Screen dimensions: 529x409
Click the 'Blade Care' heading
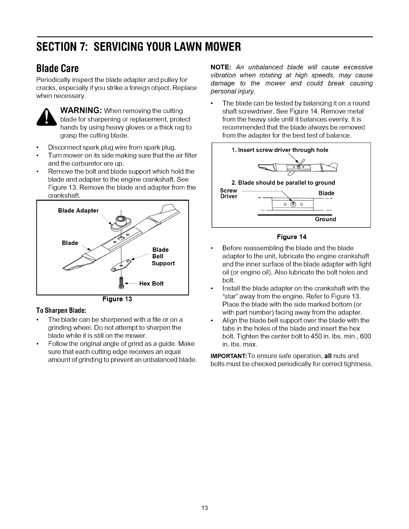point(57,68)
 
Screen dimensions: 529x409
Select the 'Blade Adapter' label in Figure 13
point(78,210)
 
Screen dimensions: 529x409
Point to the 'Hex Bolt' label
point(151,284)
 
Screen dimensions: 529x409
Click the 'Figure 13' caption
point(117,299)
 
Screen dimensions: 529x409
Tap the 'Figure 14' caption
point(291,237)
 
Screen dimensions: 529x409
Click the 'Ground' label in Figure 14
point(325,219)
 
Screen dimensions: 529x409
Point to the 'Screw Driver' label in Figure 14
point(229,193)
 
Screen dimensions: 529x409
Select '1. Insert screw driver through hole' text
point(280,150)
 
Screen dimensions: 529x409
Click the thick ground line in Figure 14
point(296,215)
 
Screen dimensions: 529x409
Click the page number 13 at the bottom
point(205,508)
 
